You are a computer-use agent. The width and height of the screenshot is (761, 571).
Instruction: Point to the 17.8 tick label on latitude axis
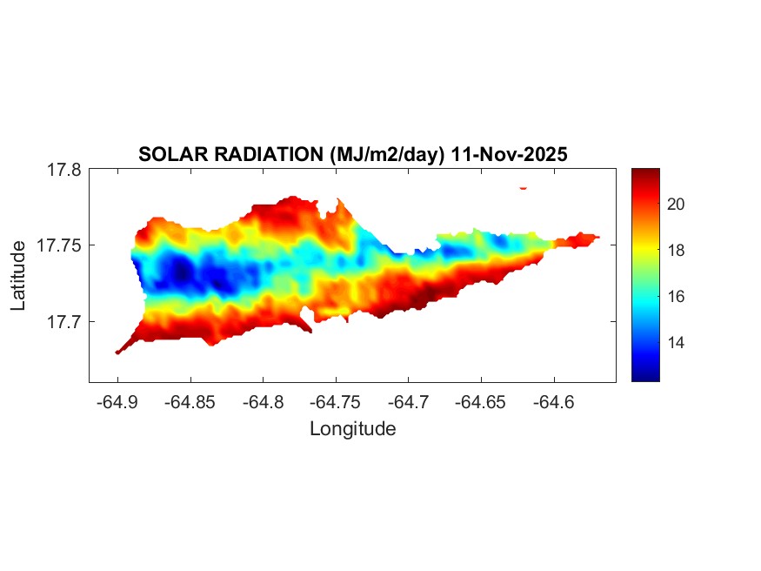(x=63, y=170)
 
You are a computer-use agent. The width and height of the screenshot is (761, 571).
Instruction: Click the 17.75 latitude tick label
(x=59, y=245)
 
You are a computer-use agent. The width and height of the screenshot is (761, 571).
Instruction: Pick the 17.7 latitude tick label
(x=63, y=321)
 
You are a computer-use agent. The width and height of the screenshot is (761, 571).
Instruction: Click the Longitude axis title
(x=352, y=428)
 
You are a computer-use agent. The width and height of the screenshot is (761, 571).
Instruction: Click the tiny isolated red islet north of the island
(x=524, y=187)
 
